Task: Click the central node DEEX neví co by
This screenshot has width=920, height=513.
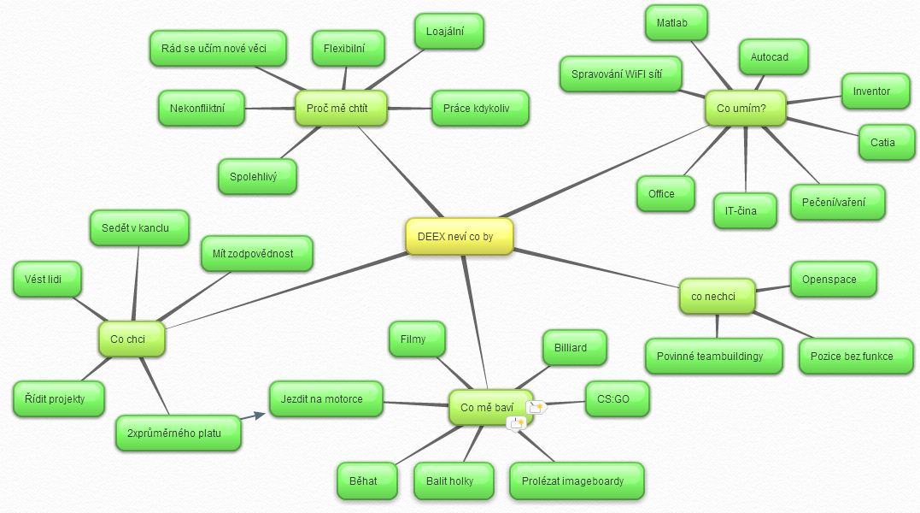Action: click(459, 236)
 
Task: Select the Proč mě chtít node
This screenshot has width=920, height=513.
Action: click(340, 108)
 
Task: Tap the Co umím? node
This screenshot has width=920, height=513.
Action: click(744, 109)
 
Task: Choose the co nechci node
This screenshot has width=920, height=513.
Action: click(718, 297)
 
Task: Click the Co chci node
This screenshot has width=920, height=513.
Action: click(131, 339)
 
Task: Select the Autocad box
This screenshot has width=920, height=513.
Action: click(773, 57)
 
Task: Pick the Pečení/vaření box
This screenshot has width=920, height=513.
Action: click(836, 203)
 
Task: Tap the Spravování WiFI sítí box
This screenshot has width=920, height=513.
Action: click(621, 74)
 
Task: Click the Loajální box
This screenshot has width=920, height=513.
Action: click(449, 32)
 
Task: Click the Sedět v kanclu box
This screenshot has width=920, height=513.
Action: click(138, 228)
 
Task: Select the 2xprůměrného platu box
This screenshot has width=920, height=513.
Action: click(178, 433)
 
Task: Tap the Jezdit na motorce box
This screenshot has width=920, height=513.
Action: click(325, 399)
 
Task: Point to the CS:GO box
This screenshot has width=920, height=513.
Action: click(617, 398)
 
